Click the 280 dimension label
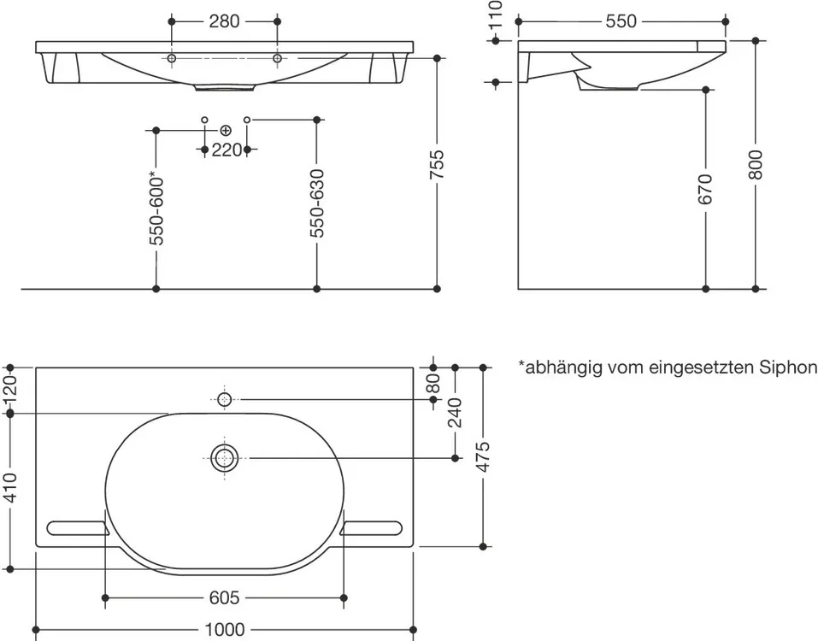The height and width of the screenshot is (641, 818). click(x=224, y=21)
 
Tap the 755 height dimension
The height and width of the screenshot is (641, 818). click(x=437, y=165)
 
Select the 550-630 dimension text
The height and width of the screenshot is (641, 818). click(x=316, y=203)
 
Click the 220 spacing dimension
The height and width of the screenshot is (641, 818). click(x=227, y=150)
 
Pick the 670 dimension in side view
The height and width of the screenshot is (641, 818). click(x=705, y=190)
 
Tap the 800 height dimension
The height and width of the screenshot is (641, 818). click(x=756, y=165)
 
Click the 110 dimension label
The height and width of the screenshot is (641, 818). click(x=496, y=14)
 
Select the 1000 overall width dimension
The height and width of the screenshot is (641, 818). click(x=225, y=630)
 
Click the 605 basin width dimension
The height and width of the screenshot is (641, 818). click(x=224, y=597)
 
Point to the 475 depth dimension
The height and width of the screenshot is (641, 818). click(x=483, y=457)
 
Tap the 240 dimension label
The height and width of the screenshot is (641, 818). click(x=455, y=413)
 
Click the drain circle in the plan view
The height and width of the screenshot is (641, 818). click(x=224, y=458)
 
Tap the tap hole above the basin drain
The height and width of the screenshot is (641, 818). click(x=224, y=400)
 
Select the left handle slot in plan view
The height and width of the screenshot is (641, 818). click(x=79, y=528)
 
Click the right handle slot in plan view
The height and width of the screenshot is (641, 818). click(x=371, y=528)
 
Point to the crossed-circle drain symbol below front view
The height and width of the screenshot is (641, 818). click(x=226, y=130)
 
